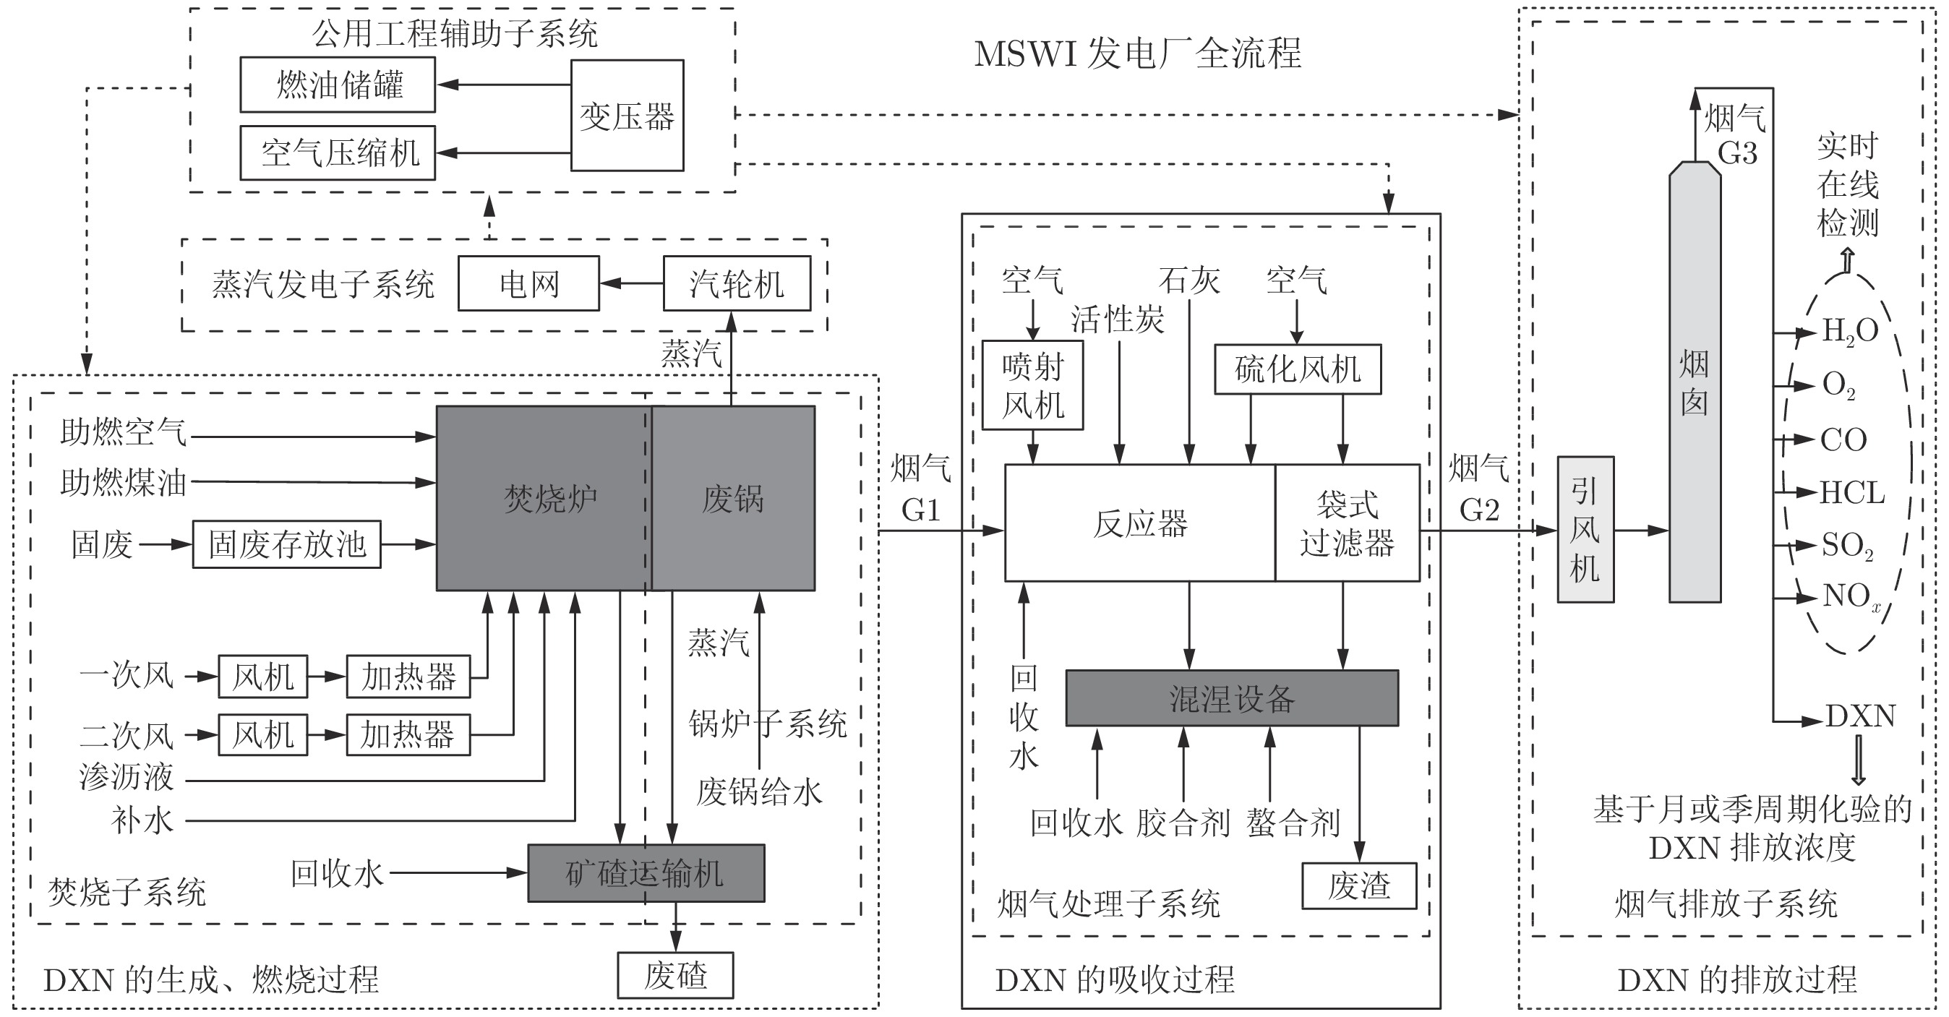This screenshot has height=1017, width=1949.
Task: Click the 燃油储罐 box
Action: click(338, 85)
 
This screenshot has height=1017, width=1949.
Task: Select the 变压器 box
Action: click(627, 116)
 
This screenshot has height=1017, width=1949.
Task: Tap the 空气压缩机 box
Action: click(338, 153)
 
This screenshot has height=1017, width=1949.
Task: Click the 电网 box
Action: click(529, 284)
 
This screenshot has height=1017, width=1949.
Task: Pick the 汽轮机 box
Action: click(737, 284)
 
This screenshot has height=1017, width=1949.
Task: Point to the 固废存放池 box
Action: click(287, 544)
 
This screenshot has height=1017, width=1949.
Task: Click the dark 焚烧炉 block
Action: click(544, 499)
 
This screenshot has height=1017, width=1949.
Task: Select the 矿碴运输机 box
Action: click(646, 873)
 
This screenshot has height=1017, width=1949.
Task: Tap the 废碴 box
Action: click(676, 975)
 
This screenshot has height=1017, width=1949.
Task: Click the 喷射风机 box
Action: click(1033, 385)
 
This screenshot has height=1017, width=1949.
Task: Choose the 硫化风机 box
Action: click(1298, 369)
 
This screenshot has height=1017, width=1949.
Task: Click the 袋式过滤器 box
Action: click(1348, 523)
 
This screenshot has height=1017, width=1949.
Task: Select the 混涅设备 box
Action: click(1233, 698)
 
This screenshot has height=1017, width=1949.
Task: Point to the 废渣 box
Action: click(1360, 885)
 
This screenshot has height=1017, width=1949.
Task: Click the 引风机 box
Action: click(1586, 530)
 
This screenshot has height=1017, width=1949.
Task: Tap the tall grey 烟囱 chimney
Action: click(1695, 382)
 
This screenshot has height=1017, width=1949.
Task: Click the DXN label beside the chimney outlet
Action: click(1861, 716)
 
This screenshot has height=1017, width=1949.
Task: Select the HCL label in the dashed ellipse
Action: click(1851, 493)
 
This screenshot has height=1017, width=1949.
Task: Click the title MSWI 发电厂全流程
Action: click(1138, 53)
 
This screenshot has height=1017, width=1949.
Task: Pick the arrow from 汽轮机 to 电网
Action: click(632, 284)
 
